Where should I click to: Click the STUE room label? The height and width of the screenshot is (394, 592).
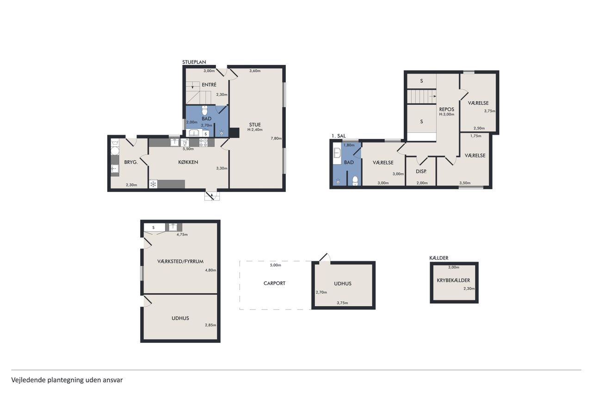click(255, 125)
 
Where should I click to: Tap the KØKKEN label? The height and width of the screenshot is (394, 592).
click(188, 162)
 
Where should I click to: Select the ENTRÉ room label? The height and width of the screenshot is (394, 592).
click(209, 85)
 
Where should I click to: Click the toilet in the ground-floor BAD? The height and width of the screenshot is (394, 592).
click(205, 110)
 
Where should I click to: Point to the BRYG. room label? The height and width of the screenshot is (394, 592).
click(131, 162)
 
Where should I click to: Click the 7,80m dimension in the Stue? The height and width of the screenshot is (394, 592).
click(276, 138)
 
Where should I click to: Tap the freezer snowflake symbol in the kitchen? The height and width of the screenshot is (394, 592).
click(153, 184)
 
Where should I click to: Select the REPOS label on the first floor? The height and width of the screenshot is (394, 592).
click(447, 109)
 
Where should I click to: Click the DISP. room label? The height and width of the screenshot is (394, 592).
click(421, 171)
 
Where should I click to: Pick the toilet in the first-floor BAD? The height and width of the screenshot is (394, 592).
click(355, 181)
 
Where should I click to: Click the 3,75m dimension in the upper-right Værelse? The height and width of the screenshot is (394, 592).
click(490, 111)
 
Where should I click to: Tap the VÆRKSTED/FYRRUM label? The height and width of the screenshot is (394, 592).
click(180, 261)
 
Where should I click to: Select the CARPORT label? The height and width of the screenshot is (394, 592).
click(274, 284)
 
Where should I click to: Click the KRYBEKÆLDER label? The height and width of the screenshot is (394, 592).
click(453, 280)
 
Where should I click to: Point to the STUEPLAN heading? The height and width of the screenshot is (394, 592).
click(194, 62)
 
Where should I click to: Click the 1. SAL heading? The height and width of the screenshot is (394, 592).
click(339, 136)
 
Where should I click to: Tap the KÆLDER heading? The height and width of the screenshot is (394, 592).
click(439, 258)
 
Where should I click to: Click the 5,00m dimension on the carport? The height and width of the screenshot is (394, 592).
click(275, 265)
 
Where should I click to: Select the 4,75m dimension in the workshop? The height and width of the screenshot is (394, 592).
click(182, 235)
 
